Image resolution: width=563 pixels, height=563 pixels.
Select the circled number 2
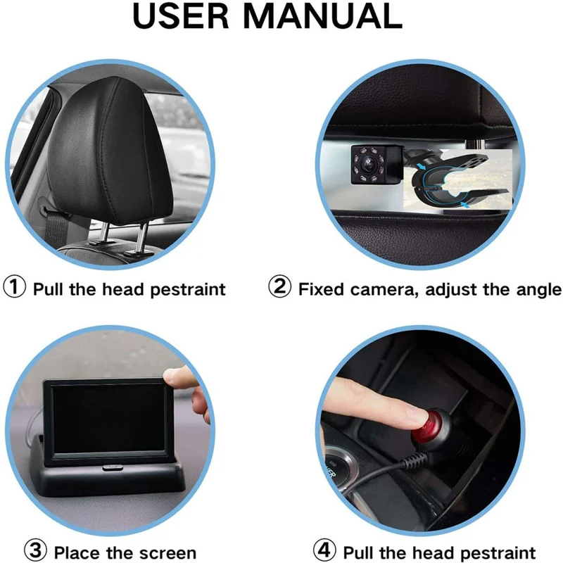tap(280, 289)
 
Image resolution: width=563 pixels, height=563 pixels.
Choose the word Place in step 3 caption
tap(77, 552)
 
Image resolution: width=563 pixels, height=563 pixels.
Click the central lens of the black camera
tap(367, 160)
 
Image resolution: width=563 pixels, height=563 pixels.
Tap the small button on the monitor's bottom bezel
tap(110, 467)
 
